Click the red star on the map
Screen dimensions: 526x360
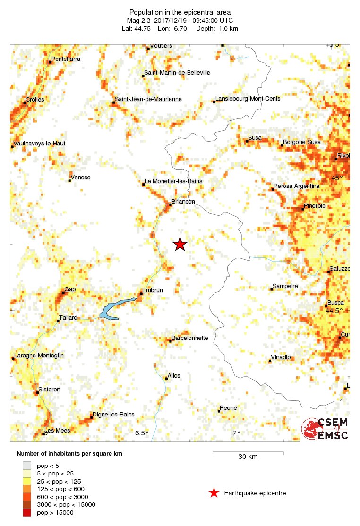point(180,244)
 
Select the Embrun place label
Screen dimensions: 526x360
point(152,291)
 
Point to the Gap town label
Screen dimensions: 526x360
point(70,289)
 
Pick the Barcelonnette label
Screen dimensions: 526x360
point(189,338)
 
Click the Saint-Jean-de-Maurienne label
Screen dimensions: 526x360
point(148,99)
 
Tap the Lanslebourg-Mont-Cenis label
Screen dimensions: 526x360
point(248,99)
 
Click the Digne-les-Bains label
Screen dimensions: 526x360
point(113,415)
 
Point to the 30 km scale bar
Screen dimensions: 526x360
point(248,452)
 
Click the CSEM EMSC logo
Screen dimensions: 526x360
point(325,429)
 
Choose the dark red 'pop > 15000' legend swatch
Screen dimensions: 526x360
point(27,513)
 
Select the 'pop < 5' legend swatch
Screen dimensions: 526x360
point(27,465)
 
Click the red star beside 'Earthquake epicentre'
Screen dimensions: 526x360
point(214,493)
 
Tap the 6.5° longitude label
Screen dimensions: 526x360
point(142,433)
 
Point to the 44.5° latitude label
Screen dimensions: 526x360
point(334,311)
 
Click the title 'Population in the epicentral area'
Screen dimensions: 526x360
point(180,12)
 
